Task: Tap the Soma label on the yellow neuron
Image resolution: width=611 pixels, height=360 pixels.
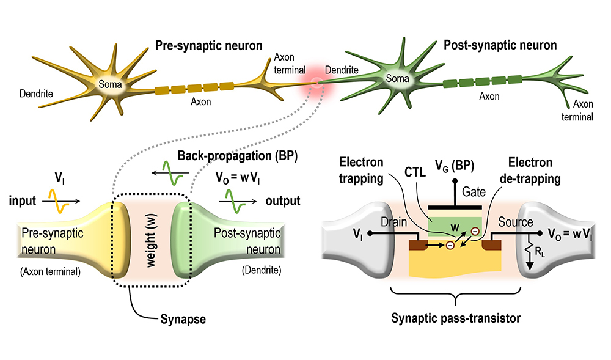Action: (112, 84)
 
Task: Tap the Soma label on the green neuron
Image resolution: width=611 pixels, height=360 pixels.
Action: (398, 79)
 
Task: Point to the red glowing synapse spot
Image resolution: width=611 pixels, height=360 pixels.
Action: (316, 83)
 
